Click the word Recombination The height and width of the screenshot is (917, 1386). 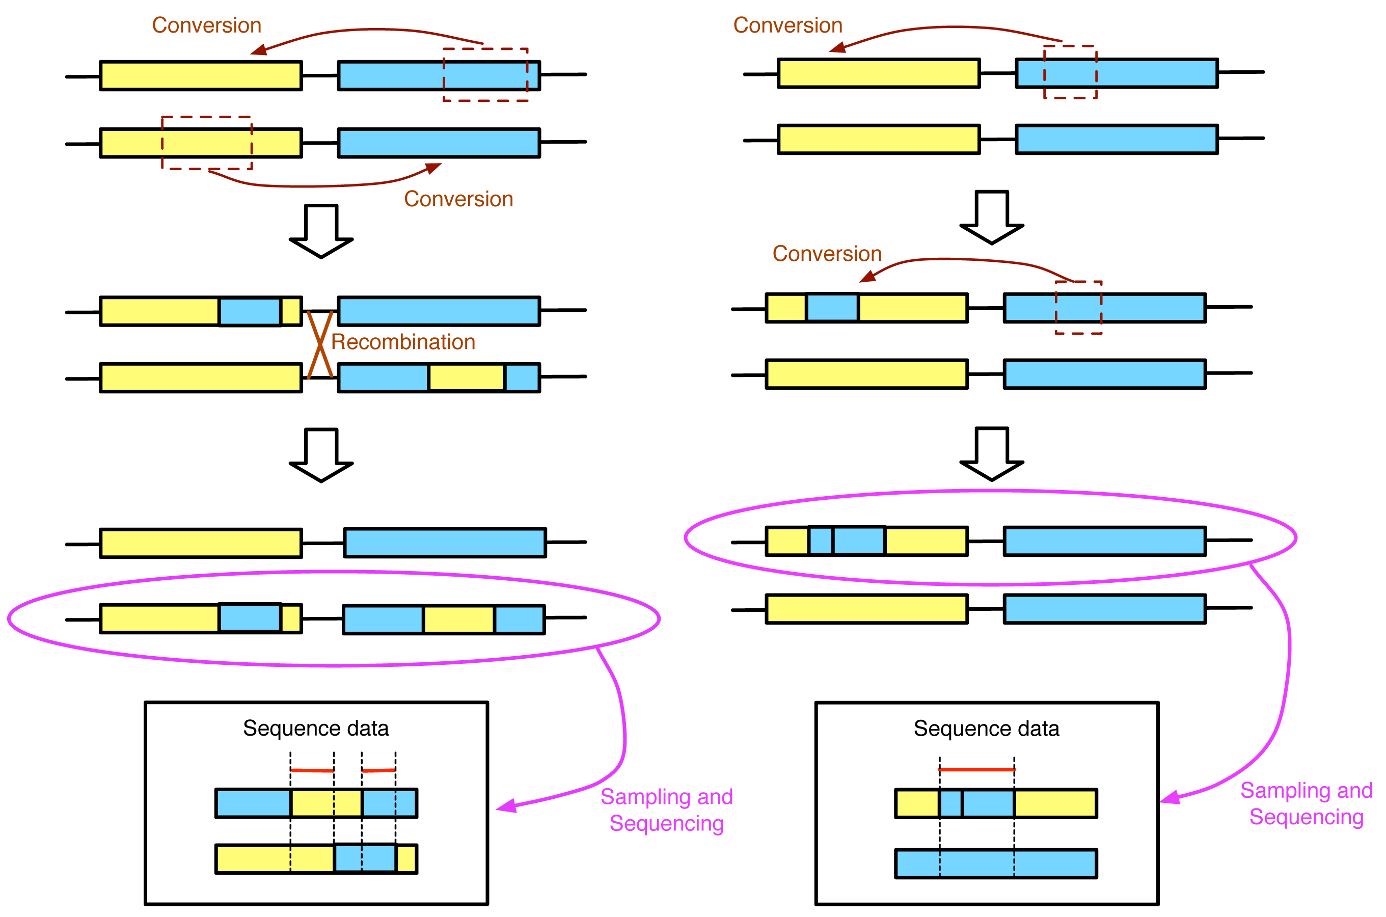[x=403, y=342]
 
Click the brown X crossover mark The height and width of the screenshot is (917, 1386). [x=320, y=344]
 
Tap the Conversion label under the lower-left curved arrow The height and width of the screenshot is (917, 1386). [x=458, y=199]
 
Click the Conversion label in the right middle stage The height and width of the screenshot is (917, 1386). [x=827, y=254]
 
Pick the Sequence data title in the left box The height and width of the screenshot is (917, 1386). [x=316, y=729]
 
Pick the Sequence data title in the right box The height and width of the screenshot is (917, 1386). [x=986, y=729]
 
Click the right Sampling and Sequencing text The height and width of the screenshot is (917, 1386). [x=1306, y=803]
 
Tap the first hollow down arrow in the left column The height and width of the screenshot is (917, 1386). [x=321, y=231]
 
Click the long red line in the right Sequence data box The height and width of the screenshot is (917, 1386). [x=976, y=770]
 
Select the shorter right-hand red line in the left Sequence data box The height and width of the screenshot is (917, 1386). [x=378, y=771]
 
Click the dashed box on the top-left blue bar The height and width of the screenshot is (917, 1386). [x=485, y=75]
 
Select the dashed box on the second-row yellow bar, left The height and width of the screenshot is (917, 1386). [x=207, y=143]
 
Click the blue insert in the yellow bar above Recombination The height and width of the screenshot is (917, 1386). [x=250, y=312]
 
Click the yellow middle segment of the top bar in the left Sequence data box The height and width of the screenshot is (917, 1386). [x=325, y=803]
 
